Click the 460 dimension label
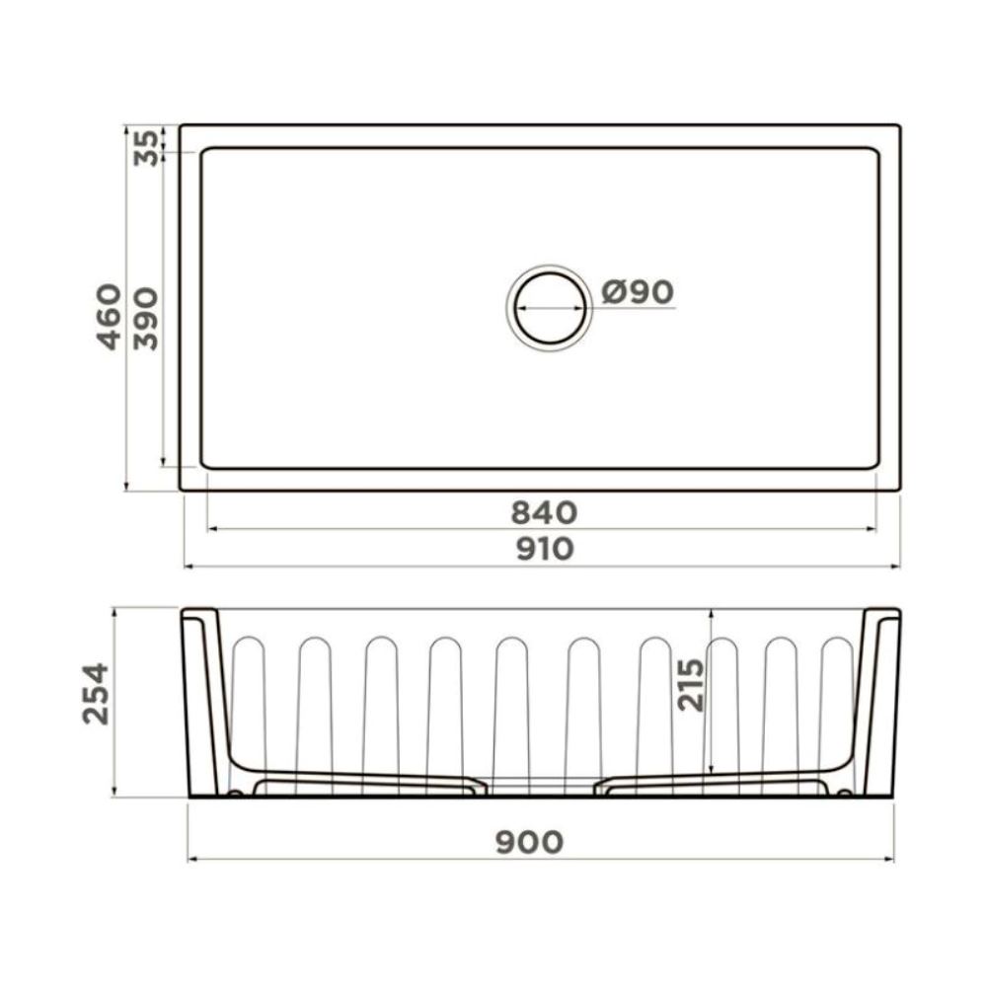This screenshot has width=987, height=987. [x=109, y=317]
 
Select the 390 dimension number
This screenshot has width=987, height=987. [x=146, y=319]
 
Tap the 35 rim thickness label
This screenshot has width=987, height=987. [x=146, y=147]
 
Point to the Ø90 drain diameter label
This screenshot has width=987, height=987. [x=638, y=291]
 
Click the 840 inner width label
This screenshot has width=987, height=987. [x=544, y=512]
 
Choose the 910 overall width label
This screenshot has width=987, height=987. [x=545, y=549]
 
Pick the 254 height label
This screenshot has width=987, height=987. [x=96, y=693]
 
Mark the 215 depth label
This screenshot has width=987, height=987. [x=691, y=685]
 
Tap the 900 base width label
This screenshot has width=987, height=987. [x=529, y=842]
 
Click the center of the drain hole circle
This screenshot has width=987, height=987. [x=550, y=308]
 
